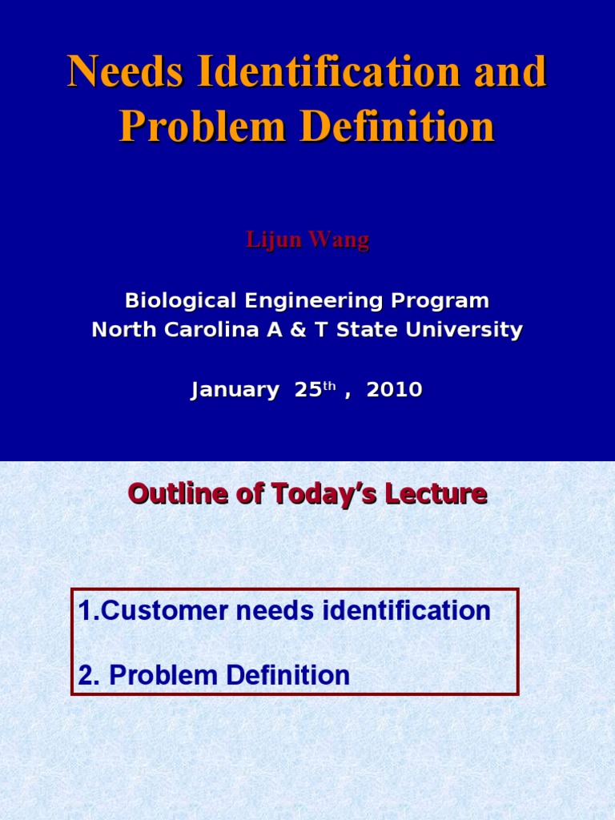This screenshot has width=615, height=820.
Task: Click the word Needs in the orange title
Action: [x=126, y=70]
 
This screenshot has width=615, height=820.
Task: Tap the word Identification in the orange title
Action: [x=329, y=70]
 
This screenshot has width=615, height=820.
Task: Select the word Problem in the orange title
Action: [x=203, y=126]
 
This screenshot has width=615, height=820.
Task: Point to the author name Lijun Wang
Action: [x=307, y=240]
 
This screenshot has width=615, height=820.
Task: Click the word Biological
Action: [x=180, y=301]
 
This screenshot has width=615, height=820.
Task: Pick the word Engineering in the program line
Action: [x=314, y=301]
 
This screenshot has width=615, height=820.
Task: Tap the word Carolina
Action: [x=211, y=329]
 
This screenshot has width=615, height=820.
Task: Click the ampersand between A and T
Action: [x=298, y=329]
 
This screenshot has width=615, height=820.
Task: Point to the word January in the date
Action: [x=235, y=390]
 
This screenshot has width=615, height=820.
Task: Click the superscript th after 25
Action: [x=329, y=386]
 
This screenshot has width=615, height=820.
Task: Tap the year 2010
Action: [x=394, y=390]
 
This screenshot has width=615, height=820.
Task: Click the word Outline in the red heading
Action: [x=178, y=493]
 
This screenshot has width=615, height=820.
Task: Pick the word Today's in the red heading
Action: [x=324, y=493]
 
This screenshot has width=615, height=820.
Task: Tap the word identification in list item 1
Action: [x=406, y=610]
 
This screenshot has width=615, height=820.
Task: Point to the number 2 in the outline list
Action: [x=86, y=675]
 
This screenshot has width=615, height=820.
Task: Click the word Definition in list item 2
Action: [x=288, y=674]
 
